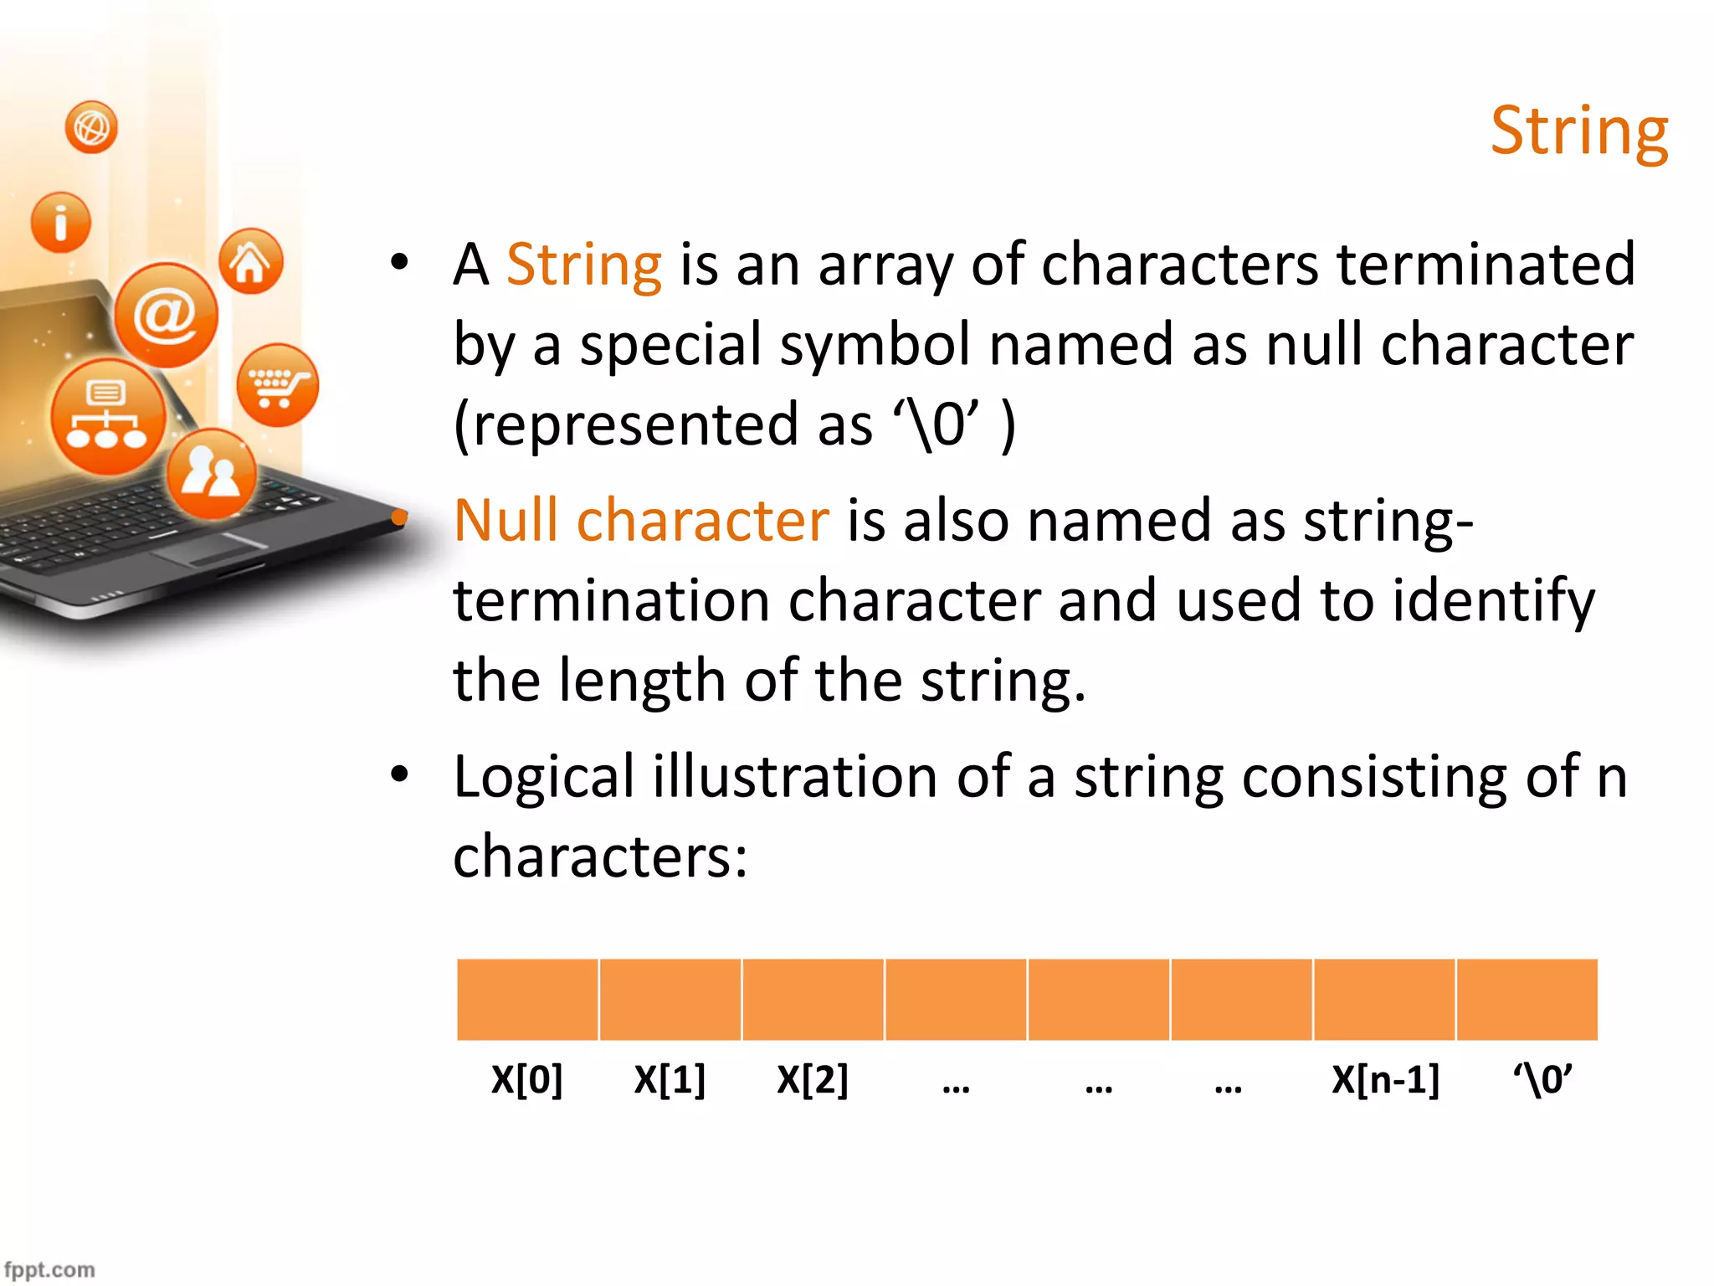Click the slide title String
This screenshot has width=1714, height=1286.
(1579, 132)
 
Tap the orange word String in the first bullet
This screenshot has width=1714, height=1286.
(584, 265)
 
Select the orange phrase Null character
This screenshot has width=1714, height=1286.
(641, 521)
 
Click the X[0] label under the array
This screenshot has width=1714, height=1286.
(526, 1079)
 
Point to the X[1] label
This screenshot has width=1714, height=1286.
(670, 1079)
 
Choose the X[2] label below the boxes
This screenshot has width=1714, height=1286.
(813, 1079)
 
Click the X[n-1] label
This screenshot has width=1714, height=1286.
(1385, 1079)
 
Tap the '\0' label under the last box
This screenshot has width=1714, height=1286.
(1542, 1079)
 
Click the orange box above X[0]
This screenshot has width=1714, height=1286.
(527, 1000)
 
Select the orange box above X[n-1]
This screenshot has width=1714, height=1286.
(1384, 1000)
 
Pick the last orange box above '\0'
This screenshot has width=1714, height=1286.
(1527, 1000)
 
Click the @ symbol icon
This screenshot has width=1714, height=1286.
(166, 316)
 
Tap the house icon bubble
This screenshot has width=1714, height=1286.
(250, 261)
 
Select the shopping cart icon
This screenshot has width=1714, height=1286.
(278, 385)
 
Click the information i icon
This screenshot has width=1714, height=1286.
(60, 223)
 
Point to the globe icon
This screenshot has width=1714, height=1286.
(91, 127)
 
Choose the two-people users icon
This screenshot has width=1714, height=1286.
(211, 473)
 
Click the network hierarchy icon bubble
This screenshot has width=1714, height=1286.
(106, 416)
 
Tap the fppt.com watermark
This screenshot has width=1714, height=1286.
(49, 1269)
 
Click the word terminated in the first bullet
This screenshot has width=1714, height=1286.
(1486, 265)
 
